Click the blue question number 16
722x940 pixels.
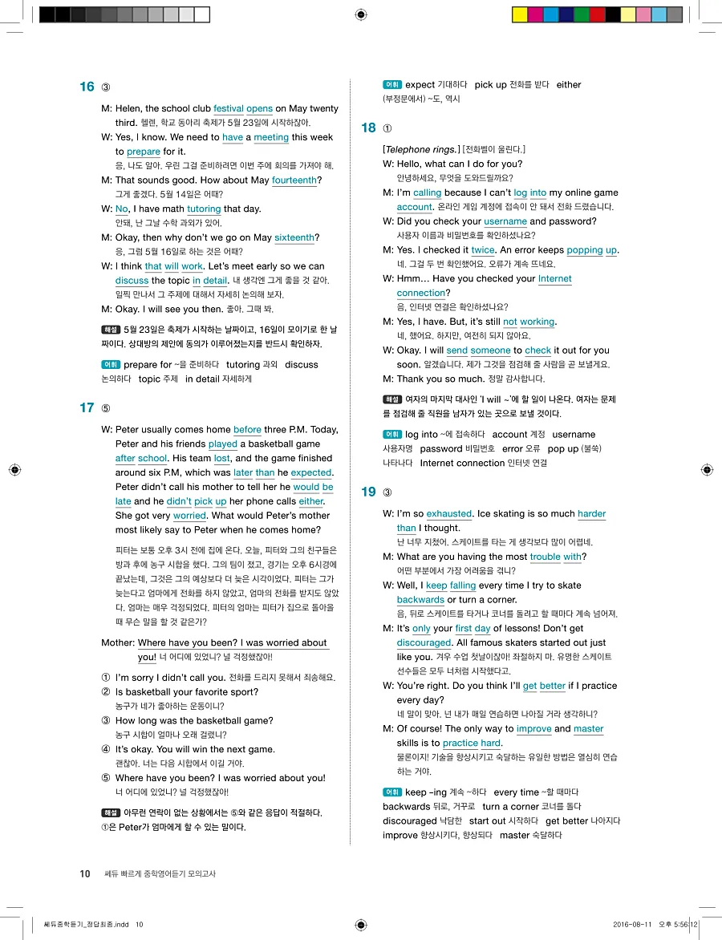pyautogui.click(x=87, y=87)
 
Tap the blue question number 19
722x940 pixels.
pyautogui.click(x=368, y=492)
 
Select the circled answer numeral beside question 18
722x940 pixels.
pyautogui.click(x=388, y=128)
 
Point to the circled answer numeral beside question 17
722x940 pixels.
pyautogui.click(x=106, y=408)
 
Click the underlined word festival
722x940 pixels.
pyautogui.click(x=229, y=108)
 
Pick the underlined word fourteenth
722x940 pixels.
pyautogui.click(x=294, y=180)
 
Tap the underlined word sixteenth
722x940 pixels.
pyautogui.click(x=294, y=237)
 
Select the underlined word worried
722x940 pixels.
pyautogui.click(x=189, y=516)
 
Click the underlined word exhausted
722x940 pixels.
pyautogui.click(x=449, y=514)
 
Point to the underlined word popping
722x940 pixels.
pyautogui.click(x=584, y=250)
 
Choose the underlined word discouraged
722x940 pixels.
pyautogui.click(x=424, y=643)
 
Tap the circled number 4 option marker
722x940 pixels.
pyautogui.click(x=106, y=749)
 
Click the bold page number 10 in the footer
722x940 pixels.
pyautogui.click(x=85, y=873)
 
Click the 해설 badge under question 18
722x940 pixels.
pyautogui.click(x=392, y=399)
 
